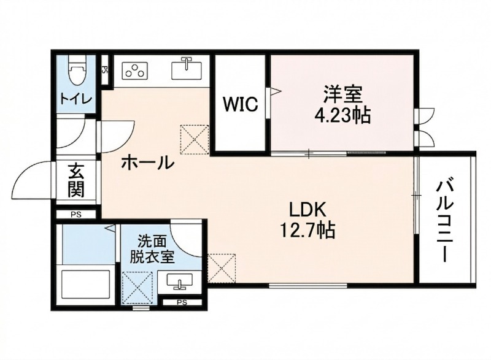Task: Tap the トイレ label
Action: point(76,99)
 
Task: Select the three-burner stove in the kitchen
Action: point(135,71)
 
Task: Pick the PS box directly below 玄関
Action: point(76,214)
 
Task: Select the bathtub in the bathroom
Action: point(85,285)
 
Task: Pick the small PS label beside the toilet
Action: point(105,69)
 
